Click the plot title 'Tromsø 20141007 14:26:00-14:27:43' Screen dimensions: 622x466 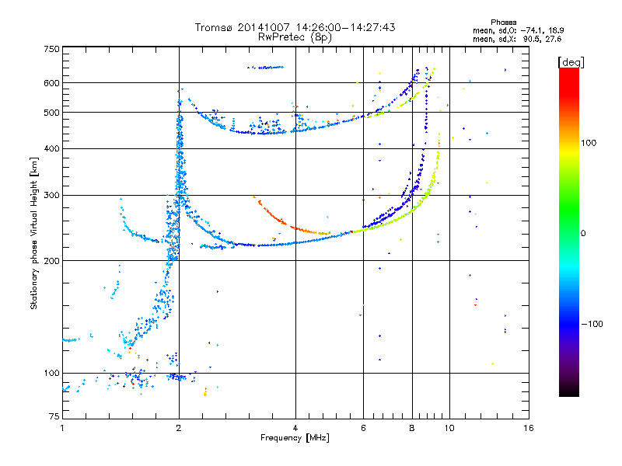[295, 27]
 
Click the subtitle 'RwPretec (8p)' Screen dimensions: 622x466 [295, 37]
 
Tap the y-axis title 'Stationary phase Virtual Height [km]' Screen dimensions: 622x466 [34, 233]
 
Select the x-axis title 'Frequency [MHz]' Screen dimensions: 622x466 [295, 438]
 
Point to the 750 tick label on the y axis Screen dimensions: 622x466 [51, 49]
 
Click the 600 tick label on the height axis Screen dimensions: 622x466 [51, 83]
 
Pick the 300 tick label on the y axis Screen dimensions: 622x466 [51, 195]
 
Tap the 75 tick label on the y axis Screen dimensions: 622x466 [54, 416]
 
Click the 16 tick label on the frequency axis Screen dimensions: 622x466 [529, 428]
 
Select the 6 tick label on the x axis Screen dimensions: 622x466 [363, 428]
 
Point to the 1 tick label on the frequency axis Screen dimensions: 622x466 [62, 428]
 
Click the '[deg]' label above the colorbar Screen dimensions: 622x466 [571, 63]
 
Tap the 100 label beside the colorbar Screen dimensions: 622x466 [589, 143]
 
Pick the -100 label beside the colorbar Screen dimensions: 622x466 [592, 324]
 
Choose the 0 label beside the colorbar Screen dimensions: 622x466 [583, 233]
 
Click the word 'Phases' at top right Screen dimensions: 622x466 [503, 23]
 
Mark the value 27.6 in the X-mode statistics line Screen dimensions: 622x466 [554, 39]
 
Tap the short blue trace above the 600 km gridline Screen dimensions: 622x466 [265, 68]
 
